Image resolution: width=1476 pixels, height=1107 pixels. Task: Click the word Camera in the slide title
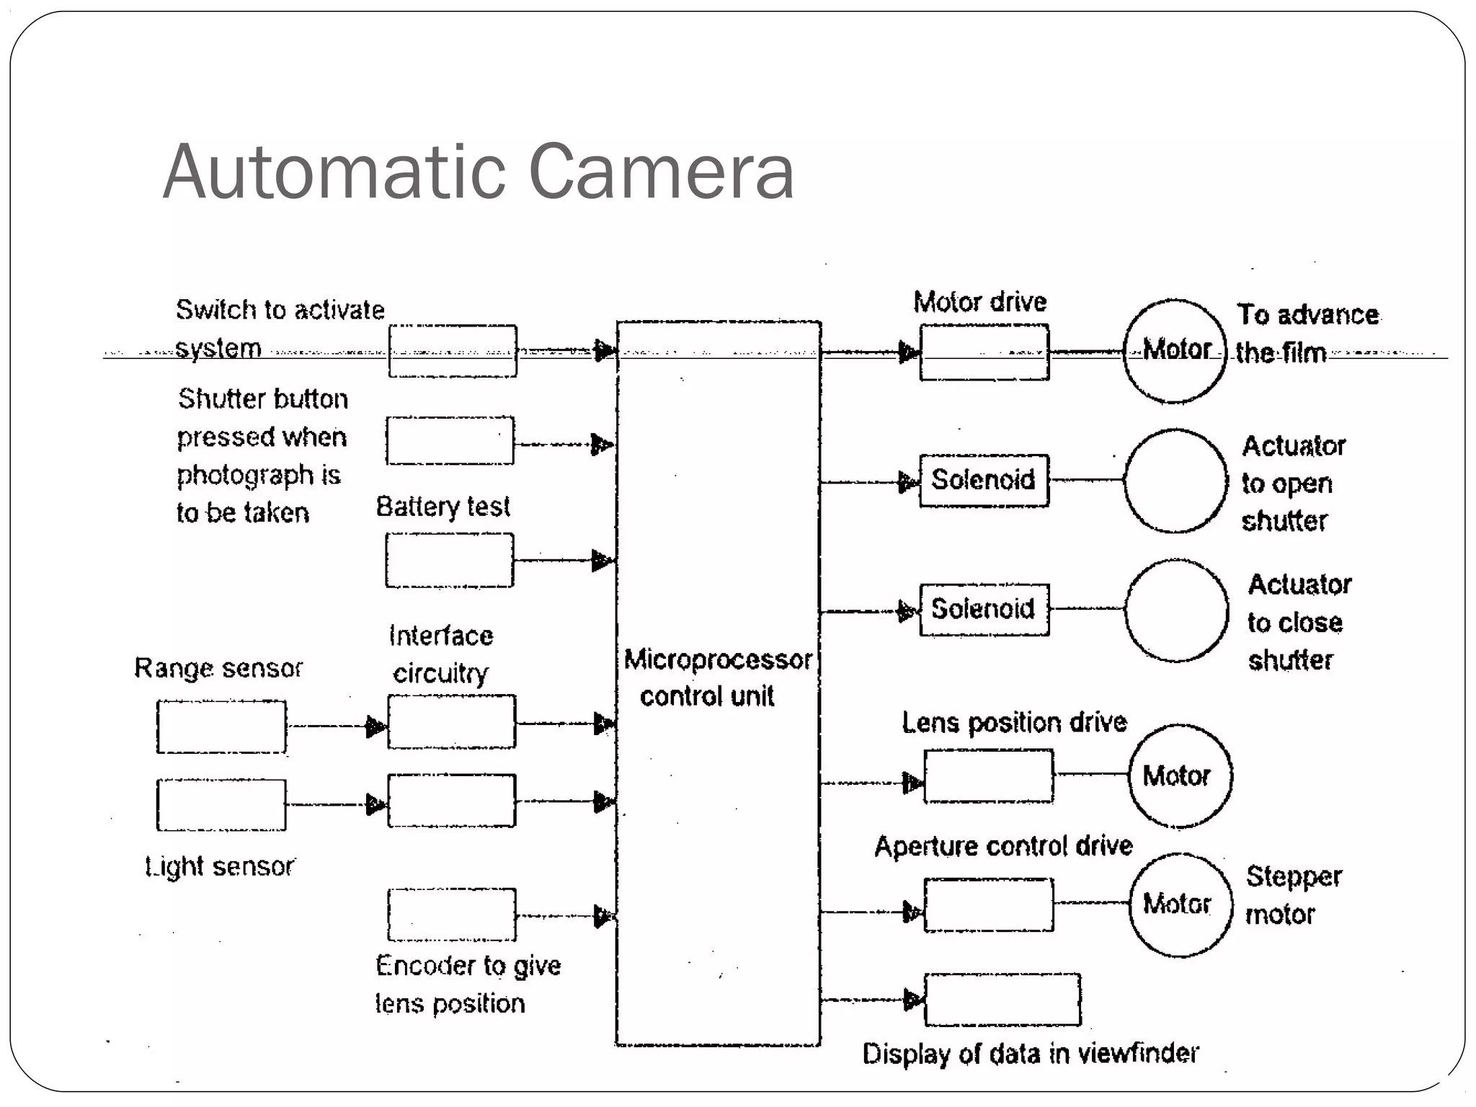coord(661,172)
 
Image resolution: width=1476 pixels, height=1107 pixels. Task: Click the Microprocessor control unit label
coord(716,677)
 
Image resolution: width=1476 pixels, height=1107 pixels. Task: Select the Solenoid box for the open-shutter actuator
coord(984,480)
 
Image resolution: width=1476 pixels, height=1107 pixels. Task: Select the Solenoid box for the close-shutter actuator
coord(984,610)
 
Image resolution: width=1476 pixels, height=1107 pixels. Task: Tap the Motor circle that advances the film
coord(1175,351)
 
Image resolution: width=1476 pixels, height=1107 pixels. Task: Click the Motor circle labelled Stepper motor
coord(1181,904)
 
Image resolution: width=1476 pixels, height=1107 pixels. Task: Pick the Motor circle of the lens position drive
coord(1180,776)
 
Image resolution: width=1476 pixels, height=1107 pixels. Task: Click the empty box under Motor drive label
coord(984,352)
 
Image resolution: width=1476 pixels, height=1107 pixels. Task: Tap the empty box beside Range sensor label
coord(221,726)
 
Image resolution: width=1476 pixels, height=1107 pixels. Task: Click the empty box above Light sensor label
coord(221,804)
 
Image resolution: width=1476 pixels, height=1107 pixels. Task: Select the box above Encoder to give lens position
coord(452,915)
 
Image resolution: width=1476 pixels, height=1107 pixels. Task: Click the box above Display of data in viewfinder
coord(1002,1000)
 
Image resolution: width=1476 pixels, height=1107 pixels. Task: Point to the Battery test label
coord(443,507)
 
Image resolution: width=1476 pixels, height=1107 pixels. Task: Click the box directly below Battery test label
coord(450,560)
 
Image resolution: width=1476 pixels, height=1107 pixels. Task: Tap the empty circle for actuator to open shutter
coord(1175,481)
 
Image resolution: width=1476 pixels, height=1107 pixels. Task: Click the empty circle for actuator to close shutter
coord(1176,610)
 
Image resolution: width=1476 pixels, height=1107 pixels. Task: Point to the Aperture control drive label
coord(1003,846)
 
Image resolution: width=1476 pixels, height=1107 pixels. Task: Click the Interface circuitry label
coord(441,654)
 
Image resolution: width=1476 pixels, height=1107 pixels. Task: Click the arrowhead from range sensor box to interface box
coord(375,726)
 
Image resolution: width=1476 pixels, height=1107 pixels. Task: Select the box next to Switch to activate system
coord(453,351)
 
